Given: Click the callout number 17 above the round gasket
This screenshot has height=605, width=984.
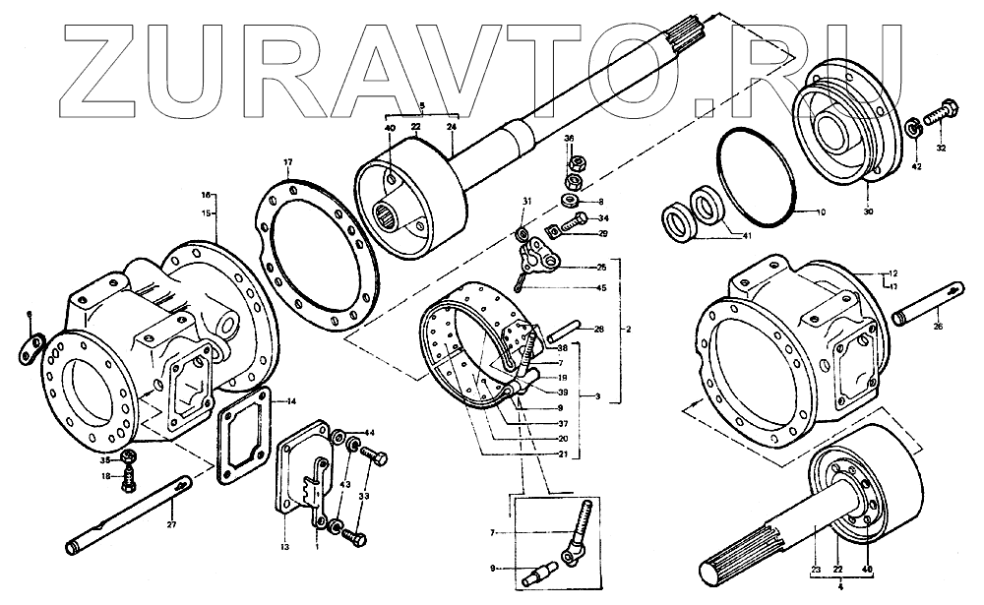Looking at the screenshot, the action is [288, 162].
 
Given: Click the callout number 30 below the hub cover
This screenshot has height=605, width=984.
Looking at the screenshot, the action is [868, 212].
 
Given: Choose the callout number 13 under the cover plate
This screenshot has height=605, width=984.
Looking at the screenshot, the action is [284, 546].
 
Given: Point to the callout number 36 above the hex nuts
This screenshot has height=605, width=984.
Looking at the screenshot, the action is [569, 140].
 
